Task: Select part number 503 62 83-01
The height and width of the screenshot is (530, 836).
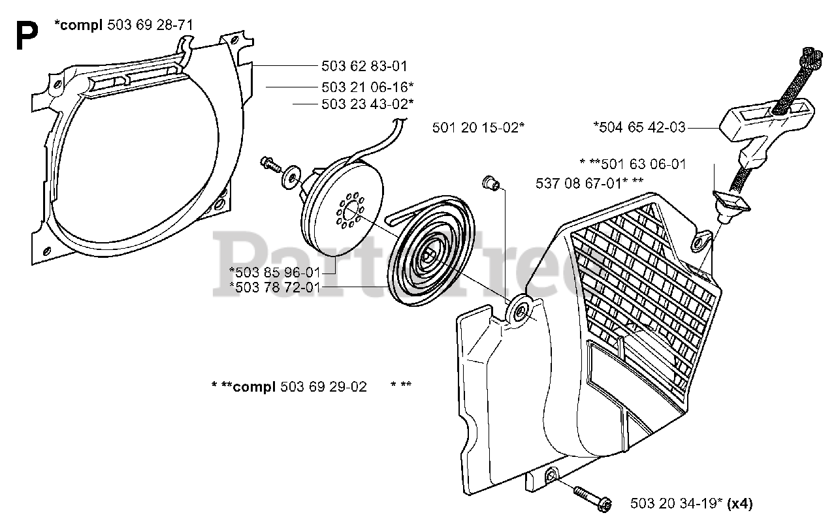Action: coord(364,66)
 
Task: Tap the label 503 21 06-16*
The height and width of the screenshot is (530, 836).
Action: coord(367,87)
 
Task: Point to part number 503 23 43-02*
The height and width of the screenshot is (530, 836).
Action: coord(367,104)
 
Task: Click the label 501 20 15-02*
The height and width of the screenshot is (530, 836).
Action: coord(478,128)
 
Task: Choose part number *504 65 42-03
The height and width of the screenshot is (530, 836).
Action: coord(639,127)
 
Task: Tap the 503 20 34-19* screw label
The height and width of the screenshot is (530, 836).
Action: coord(677,503)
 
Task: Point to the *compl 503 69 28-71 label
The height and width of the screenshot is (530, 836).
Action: coord(124,25)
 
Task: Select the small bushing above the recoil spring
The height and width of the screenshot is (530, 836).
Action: coord(492,182)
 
